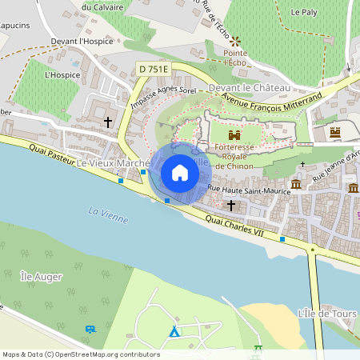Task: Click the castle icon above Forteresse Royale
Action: click(234, 135)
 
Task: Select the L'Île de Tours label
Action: click(326, 313)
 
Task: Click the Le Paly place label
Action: click(305, 12)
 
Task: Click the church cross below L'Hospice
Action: click(108, 122)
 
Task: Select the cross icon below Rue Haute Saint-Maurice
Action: click(231, 205)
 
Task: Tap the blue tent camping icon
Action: click(174, 330)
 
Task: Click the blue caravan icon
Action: click(90, 329)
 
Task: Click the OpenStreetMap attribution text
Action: click(80, 354)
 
